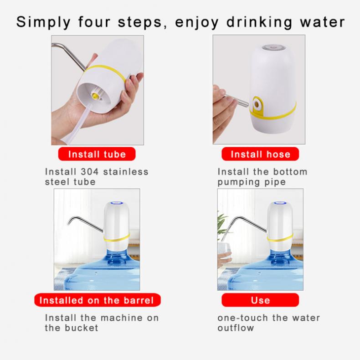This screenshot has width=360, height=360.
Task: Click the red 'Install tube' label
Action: click(97, 154)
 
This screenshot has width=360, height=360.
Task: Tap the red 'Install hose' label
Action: click(260, 154)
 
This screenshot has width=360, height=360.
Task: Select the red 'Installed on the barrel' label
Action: click(97, 300)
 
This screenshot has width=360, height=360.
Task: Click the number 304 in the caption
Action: click(89, 172)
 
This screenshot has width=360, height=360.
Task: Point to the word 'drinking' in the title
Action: click(260, 22)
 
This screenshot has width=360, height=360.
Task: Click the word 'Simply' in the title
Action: click(43, 22)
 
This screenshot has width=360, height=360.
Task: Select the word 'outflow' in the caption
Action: click(236, 328)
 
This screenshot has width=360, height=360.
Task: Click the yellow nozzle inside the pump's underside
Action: click(94, 96)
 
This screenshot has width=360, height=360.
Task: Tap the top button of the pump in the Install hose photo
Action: click(273, 47)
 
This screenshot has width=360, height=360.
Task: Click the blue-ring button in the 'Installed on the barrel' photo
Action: click(117, 203)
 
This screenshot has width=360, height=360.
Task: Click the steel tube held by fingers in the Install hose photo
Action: click(237, 101)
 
